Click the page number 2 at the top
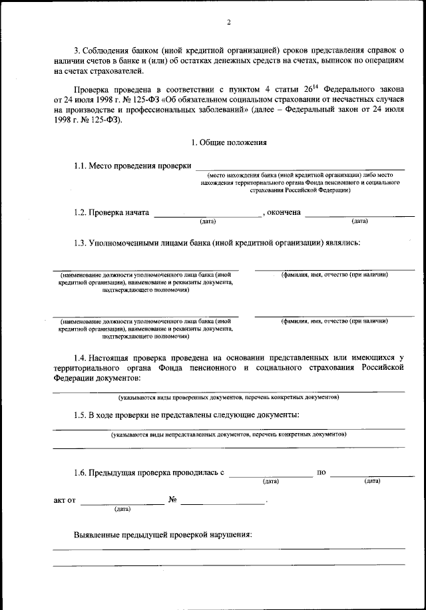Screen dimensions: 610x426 [228, 22]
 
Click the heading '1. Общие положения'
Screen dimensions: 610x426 [228, 142]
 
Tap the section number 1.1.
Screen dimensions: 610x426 [81, 166]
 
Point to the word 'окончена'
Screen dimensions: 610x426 [284, 213]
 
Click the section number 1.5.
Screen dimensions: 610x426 [81, 415]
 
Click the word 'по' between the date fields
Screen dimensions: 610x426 [321, 473]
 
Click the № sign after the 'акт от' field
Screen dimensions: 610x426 [172, 500]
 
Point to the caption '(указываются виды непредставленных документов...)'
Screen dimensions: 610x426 [228, 434]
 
